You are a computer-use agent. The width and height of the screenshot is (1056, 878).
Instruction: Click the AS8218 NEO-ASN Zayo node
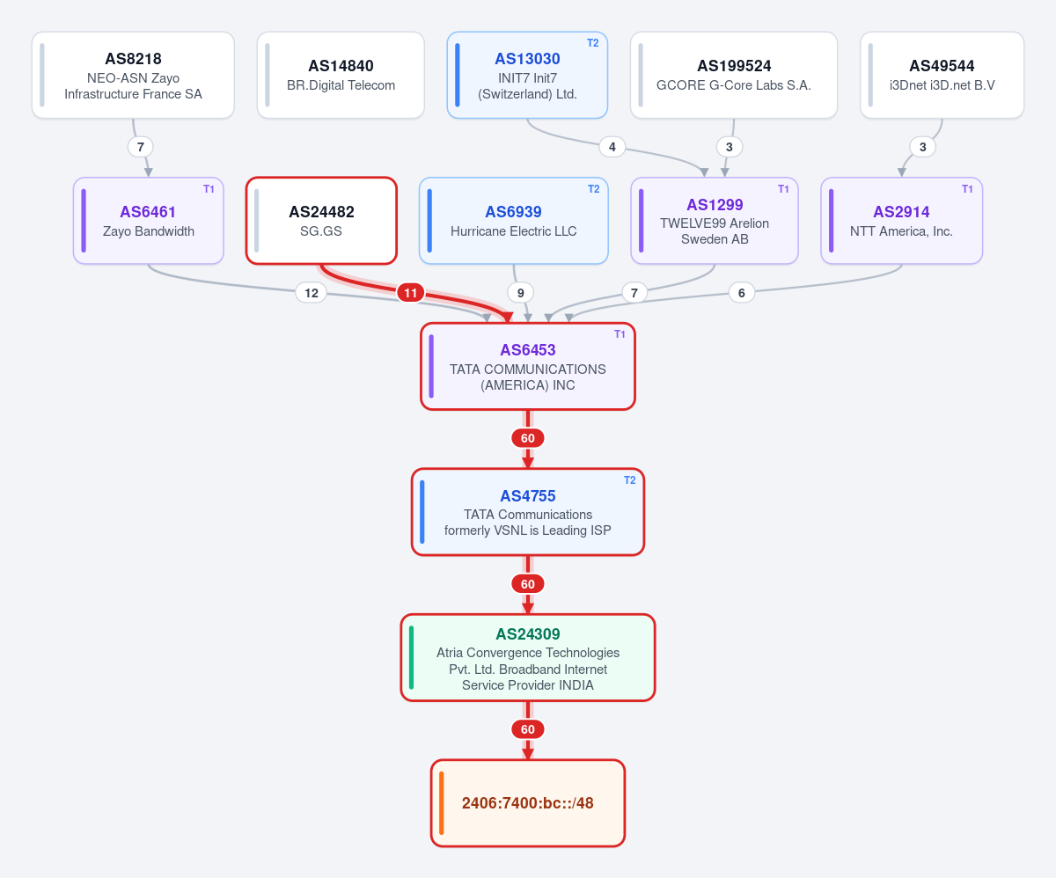(133, 76)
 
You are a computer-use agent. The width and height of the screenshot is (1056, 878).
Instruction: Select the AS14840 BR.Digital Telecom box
(341, 76)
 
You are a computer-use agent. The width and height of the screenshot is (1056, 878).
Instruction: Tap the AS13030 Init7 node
(527, 76)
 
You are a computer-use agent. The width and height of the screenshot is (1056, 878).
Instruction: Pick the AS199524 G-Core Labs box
(733, 76)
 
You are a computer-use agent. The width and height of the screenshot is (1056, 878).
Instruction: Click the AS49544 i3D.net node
(942, 76)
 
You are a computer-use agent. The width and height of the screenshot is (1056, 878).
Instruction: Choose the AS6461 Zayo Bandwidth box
(148, 221)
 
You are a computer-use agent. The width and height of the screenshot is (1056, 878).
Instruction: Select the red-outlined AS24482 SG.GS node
(321, 221)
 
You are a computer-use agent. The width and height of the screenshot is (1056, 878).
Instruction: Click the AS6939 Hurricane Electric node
(513, 221)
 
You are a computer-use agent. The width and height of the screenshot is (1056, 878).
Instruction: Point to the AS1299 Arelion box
(714, 221)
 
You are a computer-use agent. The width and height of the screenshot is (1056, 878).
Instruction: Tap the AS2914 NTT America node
(901, 221)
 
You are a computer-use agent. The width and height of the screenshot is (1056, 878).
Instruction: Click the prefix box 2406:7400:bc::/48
(527, 802)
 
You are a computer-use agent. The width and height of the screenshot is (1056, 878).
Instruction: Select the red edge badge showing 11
(410, 292)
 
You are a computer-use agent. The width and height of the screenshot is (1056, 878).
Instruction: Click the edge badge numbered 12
(311, 292)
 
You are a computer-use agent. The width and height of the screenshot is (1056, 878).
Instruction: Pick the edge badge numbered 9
(520, 292)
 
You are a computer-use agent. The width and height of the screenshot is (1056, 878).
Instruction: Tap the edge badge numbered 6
(742, 292)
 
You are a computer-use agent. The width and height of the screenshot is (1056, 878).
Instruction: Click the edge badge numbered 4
(612, 147)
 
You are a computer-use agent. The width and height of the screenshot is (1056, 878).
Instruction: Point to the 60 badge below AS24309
(527, 729)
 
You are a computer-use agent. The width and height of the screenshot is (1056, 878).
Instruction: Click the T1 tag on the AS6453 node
(620, 333)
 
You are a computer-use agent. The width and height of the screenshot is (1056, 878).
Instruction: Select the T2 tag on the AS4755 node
(630, 480)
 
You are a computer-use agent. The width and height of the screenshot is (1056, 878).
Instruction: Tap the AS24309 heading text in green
(527, 633)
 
